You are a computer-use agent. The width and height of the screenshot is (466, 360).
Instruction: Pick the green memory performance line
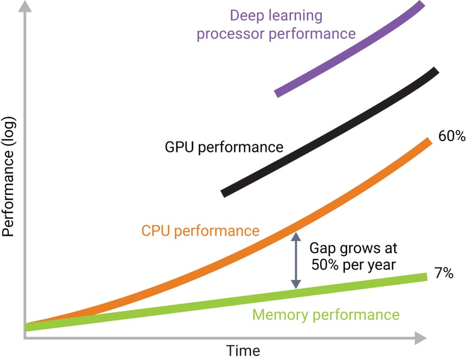[219, 303]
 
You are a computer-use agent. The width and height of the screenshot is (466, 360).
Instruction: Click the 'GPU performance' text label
[224, 147]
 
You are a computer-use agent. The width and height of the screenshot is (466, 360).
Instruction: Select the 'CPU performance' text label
[200, 230]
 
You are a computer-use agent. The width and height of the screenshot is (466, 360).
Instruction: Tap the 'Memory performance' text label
[326, 315]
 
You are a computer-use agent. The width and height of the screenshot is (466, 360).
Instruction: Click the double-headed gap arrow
[296, 261]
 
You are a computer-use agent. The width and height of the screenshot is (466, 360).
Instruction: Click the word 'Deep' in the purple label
[248, 15]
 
